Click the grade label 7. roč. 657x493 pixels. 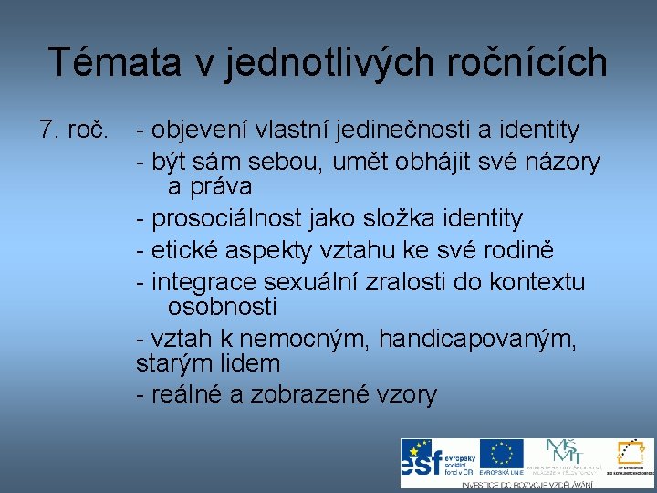[74, 131]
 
